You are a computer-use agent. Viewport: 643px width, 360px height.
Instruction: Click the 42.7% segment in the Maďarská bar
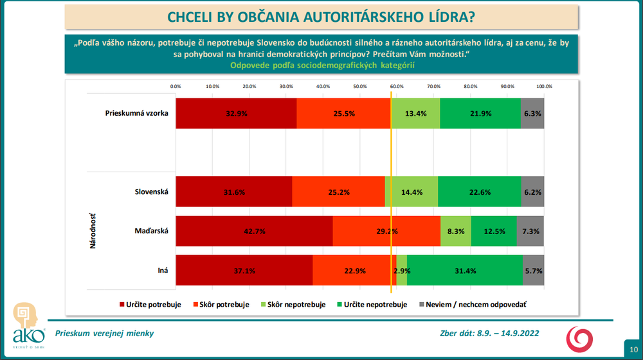pos(254,231)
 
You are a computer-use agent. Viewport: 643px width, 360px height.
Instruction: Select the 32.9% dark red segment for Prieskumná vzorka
pos(236,113)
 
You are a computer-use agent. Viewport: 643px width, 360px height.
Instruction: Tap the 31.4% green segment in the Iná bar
pos(465,271)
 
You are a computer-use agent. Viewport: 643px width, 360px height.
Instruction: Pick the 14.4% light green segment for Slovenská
pos(411,192)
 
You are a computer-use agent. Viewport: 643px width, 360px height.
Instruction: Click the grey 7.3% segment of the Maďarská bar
pos(530,231)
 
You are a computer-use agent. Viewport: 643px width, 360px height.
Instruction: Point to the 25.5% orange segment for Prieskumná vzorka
pos(343,113)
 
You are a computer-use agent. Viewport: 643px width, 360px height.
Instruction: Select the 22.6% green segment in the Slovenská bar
pos(480,192)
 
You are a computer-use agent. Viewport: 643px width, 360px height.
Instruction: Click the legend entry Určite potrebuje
pos(150,304)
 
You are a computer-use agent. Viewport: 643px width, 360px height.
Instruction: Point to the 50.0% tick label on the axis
pos(360,86)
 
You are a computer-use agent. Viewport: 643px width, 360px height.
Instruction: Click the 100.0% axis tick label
pos(544,86)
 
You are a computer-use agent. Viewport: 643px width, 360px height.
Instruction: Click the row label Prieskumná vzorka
pos(137,113)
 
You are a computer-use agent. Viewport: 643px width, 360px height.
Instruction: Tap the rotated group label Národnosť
pos(94,231)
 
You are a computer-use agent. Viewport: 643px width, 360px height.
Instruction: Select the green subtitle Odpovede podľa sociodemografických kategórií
pos(321,65)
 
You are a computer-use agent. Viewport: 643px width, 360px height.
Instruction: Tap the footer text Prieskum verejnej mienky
pos(105,333)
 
